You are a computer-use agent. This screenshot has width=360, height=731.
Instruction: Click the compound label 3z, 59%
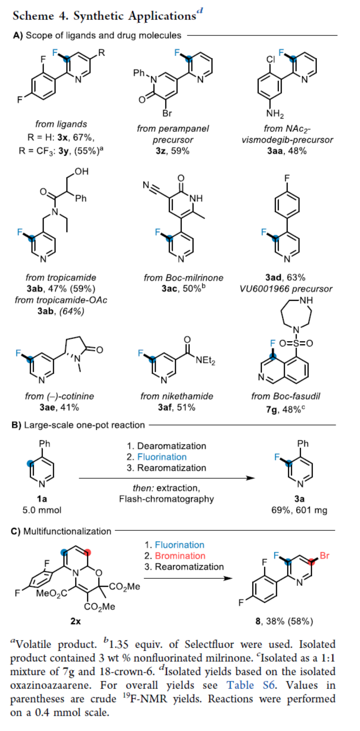(172, 151)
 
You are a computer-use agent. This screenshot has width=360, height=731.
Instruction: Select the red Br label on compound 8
(324, 556)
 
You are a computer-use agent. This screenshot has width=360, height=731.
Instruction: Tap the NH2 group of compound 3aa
(275, 114)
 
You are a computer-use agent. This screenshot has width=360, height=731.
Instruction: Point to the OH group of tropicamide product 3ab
(81, 171)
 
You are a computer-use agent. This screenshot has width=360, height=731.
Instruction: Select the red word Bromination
(180, 556)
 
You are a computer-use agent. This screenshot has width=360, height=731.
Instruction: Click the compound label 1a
(42, 499)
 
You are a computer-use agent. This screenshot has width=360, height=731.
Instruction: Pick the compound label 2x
(75, 621)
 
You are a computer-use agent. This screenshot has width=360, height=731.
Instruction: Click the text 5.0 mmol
(42, 510)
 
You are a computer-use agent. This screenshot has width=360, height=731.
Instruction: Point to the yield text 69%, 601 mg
(299, 510)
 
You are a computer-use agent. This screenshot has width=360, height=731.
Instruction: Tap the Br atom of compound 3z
(167, 114)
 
